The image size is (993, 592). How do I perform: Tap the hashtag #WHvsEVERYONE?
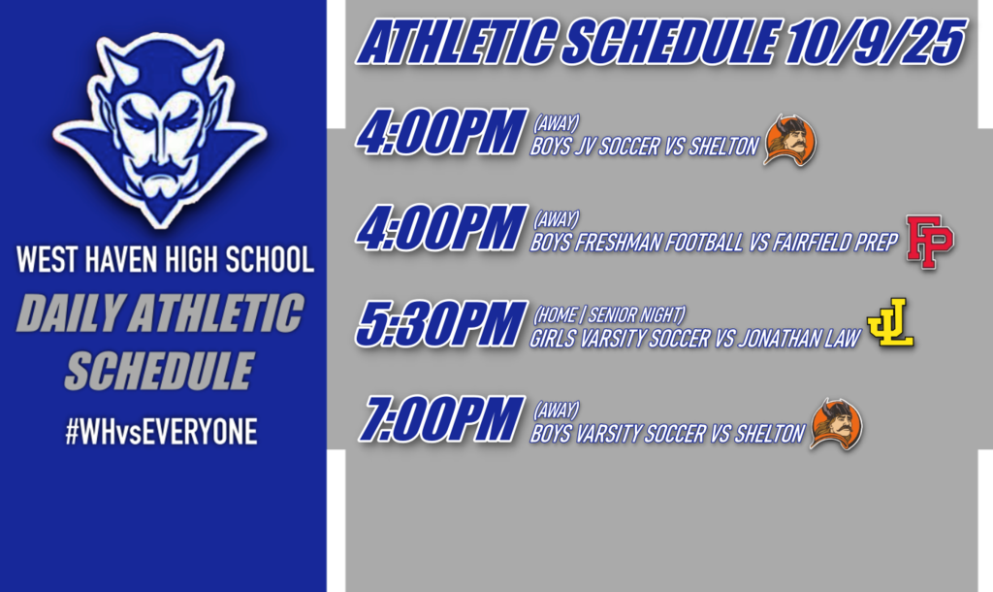[x=162, y=432]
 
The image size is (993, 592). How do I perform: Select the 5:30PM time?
[x=441, y=324]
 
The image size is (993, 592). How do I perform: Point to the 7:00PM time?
[x=441, y=419]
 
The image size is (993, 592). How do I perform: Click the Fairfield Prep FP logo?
[x=930, y=242]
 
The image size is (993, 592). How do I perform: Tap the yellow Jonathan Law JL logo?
[x=890, y=322]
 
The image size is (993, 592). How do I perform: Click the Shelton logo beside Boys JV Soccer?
[x=790, y=141]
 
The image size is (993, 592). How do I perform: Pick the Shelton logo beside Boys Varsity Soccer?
[x=837, y=425]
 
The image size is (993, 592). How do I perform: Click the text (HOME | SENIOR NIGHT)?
[x=609, y=314]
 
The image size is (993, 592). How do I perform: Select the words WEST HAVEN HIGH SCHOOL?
[x=165, y=259]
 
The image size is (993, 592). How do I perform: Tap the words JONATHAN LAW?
[x=799, y=339]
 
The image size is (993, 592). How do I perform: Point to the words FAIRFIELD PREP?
[x=835, y=242]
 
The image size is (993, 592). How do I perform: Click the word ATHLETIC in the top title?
[x=456, y=42]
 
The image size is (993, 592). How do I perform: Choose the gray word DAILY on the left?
[x=71, y=313]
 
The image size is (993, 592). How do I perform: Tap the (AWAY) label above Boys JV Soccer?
[x=556, y=123]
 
